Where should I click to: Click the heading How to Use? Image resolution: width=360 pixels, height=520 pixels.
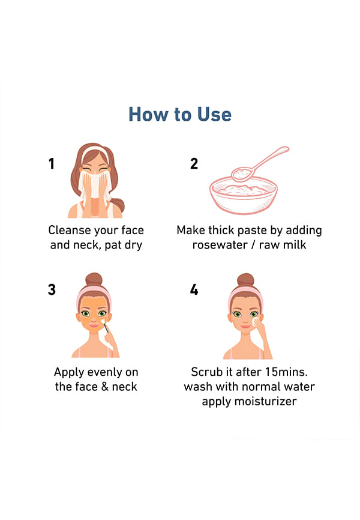(x=179, y=115)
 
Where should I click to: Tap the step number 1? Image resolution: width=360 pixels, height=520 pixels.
(x=52, y=163)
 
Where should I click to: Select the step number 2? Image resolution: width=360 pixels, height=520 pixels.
(x=194, y=163)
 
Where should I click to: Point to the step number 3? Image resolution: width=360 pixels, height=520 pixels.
(x=52, y=289)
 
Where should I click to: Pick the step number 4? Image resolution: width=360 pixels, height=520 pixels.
(x=194, y=289)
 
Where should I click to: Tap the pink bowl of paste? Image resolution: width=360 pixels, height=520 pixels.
(x=244, y=196)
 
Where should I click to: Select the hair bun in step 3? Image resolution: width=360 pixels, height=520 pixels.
(x=94, y=279)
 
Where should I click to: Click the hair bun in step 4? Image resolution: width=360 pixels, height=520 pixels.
(x=245, y=280)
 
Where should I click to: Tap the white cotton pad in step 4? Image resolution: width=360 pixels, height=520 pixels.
(x=256, y=322)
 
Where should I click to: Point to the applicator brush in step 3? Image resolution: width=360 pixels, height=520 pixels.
(x=105, y=325)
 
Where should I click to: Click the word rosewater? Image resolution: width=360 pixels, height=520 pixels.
(x=220, y=245)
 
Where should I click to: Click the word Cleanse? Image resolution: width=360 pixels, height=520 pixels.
(x=69, y=230)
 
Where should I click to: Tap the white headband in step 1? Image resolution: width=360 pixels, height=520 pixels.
(x=95, y=153)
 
